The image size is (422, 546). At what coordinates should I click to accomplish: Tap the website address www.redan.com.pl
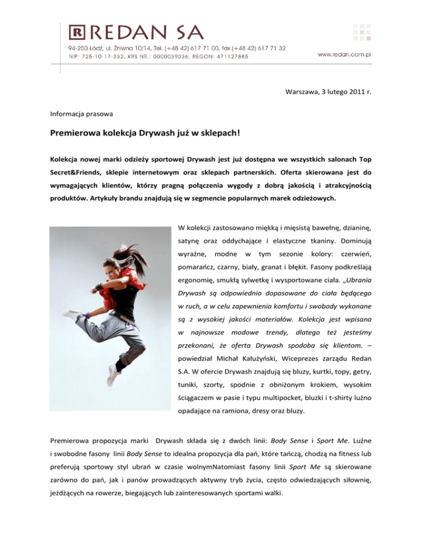coord(346,54)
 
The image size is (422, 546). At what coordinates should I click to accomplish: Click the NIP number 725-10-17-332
coord(96,56)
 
